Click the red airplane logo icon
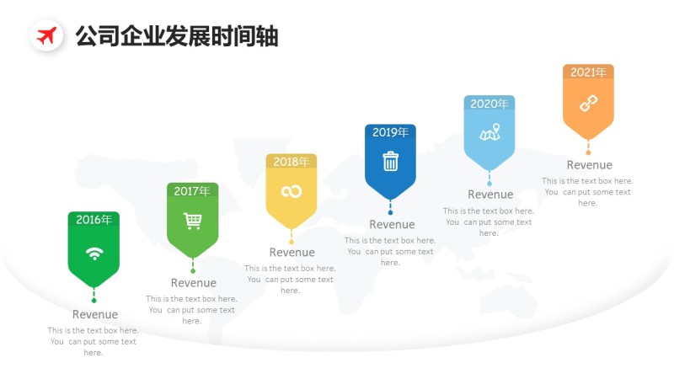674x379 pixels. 47,36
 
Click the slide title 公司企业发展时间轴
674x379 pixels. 176,36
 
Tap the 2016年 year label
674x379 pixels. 94,220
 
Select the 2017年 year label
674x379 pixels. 192,191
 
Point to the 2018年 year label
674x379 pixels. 292,162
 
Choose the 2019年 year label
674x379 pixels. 390,132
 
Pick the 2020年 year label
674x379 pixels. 489,104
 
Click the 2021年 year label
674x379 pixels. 588,72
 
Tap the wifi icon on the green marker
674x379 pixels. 94,254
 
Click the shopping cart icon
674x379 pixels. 193,222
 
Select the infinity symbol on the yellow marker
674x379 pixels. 292,192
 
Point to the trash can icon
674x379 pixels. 390,162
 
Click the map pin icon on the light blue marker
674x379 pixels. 489,133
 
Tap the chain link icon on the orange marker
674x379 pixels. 588,104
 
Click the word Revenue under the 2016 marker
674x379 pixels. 95,314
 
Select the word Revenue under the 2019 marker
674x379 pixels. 392,224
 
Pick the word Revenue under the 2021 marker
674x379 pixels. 589,165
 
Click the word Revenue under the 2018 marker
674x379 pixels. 292,252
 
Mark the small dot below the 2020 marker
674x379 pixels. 489,183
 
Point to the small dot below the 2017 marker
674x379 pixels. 193,270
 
